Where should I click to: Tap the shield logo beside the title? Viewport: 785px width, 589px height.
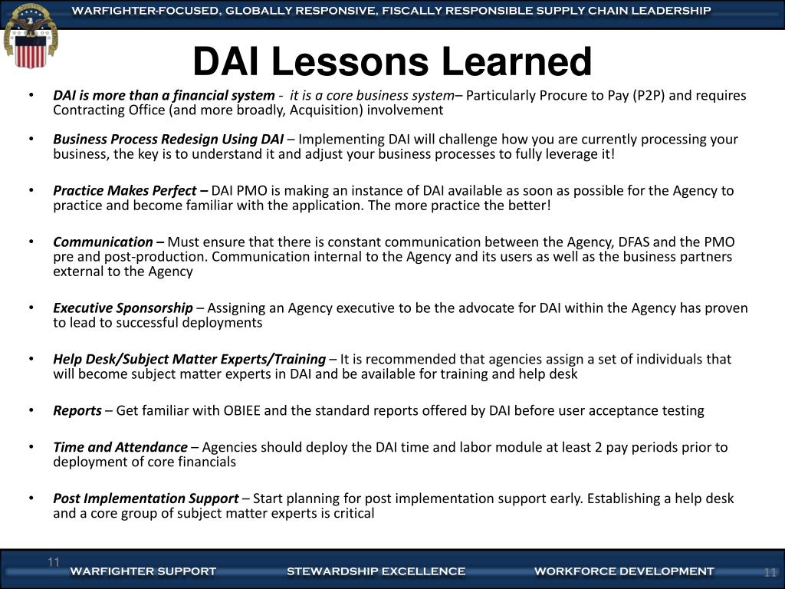click(x=31, y=35)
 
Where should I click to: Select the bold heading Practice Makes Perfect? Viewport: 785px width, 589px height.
click(x=130, y=191)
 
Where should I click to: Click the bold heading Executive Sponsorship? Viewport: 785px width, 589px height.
click(x=123, y=308)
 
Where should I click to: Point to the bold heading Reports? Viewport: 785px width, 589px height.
click(x=77, y=411)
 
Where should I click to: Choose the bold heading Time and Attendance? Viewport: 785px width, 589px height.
click(x=120, y=447)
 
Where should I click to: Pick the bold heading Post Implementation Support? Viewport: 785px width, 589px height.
click(x=146, y=499)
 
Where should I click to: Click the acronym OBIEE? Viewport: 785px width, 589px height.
click(x=244, y=411)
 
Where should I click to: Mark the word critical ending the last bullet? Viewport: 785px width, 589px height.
click(x=353, y=514)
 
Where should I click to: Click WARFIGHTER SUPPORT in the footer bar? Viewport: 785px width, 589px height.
click(x=143, y=571)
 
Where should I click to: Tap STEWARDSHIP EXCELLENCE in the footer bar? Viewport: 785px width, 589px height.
click(x=376, y=571)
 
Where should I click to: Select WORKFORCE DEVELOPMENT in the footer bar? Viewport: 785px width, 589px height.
click(x=623, y=571)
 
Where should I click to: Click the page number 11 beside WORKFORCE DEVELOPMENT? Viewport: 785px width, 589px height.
click(x=770, y=573)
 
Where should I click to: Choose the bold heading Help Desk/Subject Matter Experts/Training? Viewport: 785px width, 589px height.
click(x=189, y=360)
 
